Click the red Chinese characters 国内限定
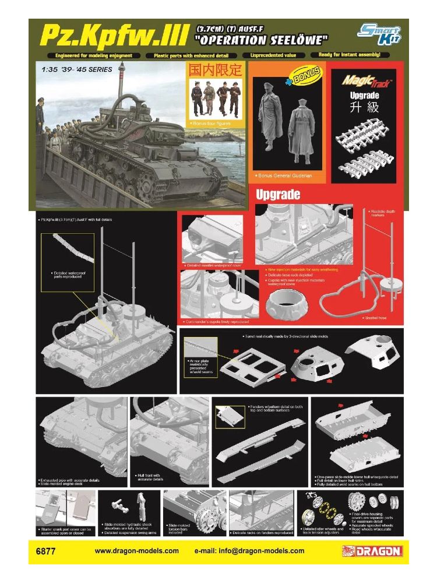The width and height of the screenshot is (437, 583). tap(213, 70)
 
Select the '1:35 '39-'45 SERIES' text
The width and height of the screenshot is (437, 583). tap(77, 69)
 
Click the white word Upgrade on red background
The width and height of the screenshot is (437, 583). tap(278, 194)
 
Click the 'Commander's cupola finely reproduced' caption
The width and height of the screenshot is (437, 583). tap(216, 321)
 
